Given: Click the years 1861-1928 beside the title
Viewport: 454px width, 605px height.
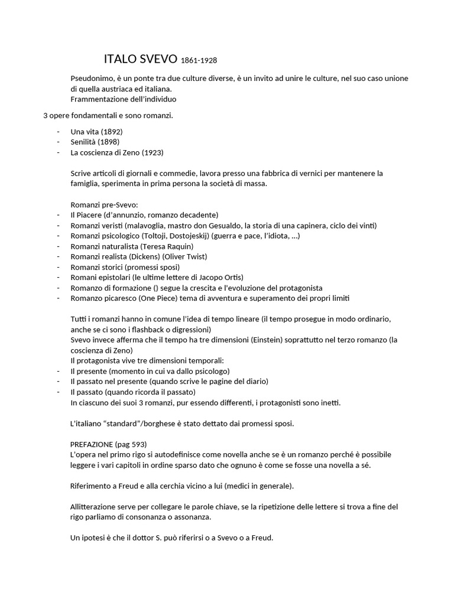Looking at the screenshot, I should click(203, 60).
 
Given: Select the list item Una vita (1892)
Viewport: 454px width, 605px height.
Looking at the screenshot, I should click(96, 131).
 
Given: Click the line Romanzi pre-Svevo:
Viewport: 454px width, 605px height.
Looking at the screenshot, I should click(104, 204).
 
